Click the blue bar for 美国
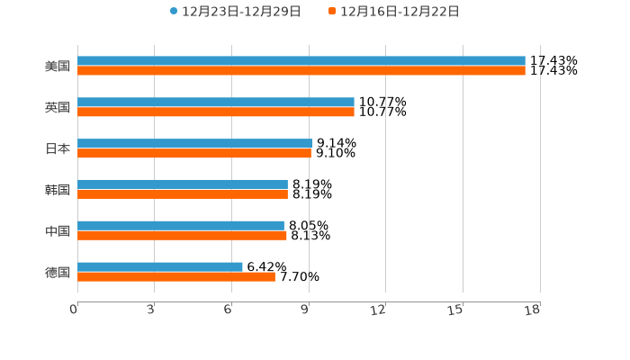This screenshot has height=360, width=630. pyautogui.click(x=301, y=61)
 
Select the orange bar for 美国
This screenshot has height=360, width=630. pyautogui.click(x=301, y=71)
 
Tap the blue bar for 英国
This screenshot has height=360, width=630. pyautogui.click(x=216, y=103)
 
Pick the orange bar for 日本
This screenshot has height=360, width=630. pyautogui.click(x=194, y=154)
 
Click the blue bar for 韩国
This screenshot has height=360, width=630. pyautogui.click(x=183, y=184)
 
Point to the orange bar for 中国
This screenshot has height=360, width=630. pyautogui.click(x=182, y=236)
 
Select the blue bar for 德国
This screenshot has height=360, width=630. pyautogui.click(x=160, y=266)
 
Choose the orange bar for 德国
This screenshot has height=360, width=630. pyautogui.click(x=176, y=277)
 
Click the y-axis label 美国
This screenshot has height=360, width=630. pyautogui.click(x=58, y=67)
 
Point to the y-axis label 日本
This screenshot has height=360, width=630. pyautogui.click(x=58, y=148)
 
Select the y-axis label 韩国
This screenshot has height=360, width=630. pyautogui.click(x=58, y=190)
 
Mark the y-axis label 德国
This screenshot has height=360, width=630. pyautogui.click(x=58, y=272)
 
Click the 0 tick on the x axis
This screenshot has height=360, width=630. pyautogui.click(x=75, y=310)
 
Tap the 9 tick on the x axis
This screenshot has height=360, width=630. pyautogui.click(x=306, y=310)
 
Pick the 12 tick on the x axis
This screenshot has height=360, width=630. pyautogui.click(x=379, y=310)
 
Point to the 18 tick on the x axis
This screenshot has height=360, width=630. pyautogui.click(x=533, y=310)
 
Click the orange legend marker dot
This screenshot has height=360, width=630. pyautogui.click(x=332, y=12)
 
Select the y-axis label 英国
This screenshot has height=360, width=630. pyautogui.click(x=58, y=108)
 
